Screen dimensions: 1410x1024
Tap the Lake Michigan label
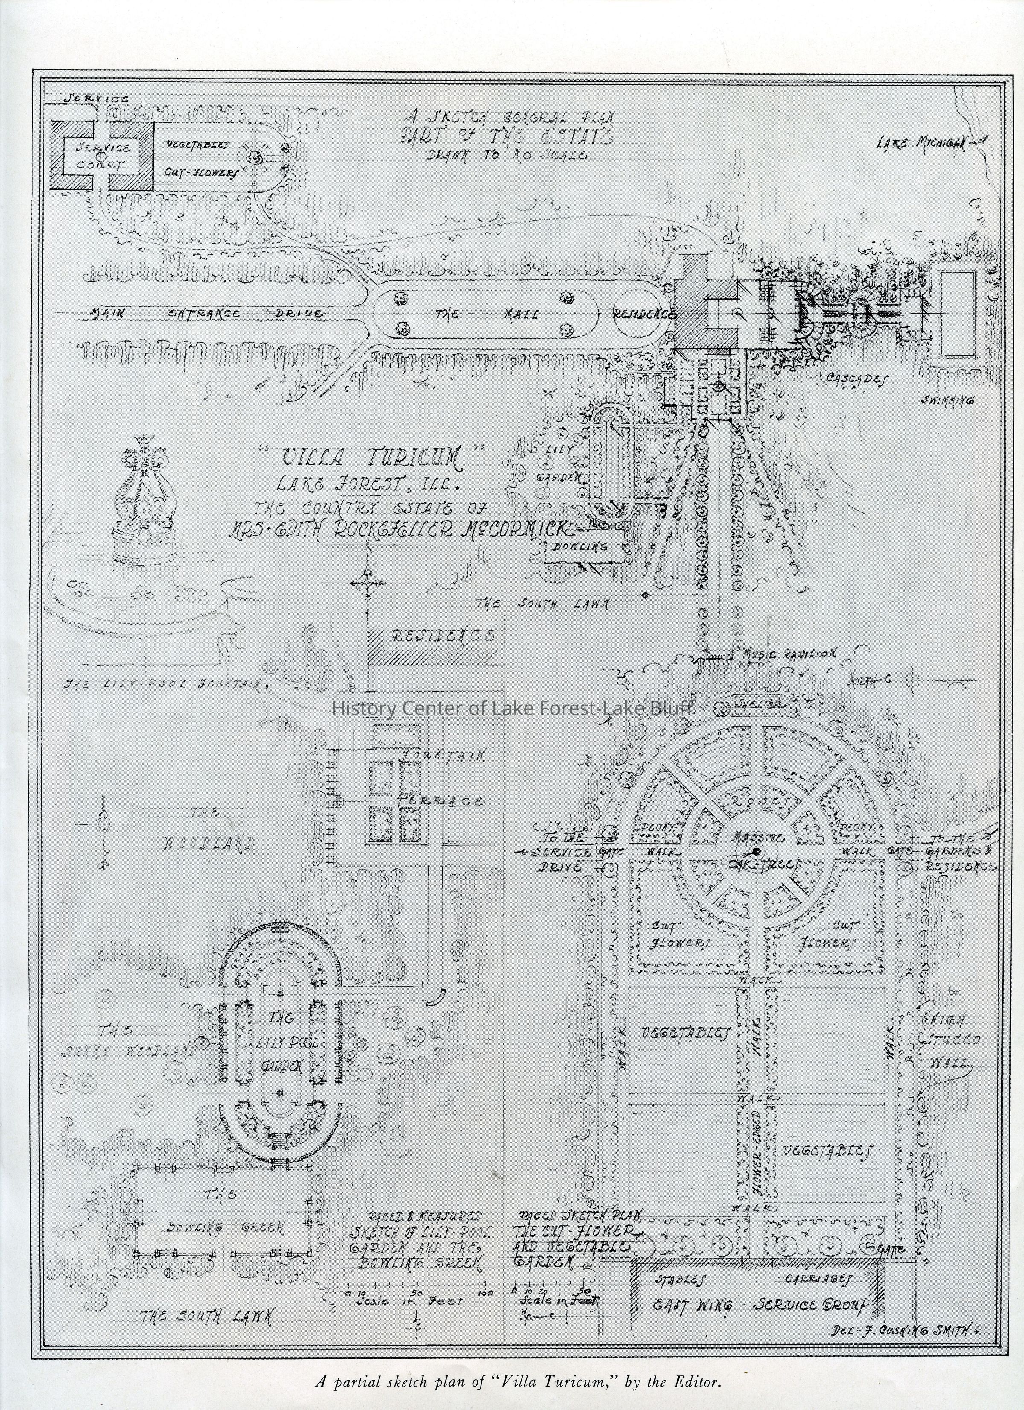pos(927,143)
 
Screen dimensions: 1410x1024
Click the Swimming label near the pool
pos(946,401)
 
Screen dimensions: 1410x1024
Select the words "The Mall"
pos(491,313)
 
